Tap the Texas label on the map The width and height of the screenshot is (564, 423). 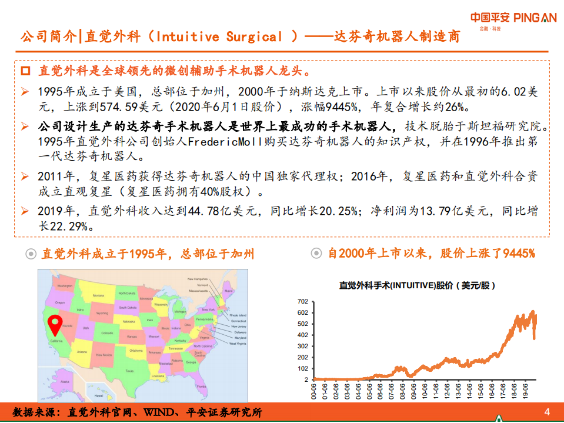129,371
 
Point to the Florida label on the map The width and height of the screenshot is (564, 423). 201,387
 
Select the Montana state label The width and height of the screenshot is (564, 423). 98,295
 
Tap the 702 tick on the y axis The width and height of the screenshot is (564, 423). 302,301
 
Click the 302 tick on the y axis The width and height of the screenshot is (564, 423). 302,346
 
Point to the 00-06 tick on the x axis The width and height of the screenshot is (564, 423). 315,391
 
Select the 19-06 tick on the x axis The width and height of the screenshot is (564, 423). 525,391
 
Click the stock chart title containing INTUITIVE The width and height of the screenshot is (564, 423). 418,285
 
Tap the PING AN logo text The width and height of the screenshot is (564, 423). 535,18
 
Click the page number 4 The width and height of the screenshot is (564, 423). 547,411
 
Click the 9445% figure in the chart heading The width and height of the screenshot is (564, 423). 518,254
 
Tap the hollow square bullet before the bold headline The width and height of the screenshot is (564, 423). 25,71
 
